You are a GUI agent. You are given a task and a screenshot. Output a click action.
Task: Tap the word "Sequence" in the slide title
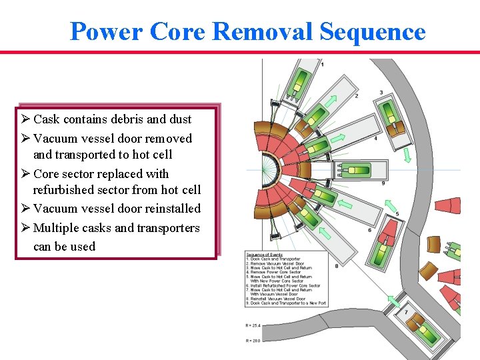pyautogui.click(x=372, y=31)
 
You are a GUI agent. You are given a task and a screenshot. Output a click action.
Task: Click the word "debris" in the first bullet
pyautogui.click(x=118, y=119)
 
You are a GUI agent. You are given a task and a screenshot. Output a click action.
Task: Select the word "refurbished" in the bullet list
pyautogui.click(x=66, y=190)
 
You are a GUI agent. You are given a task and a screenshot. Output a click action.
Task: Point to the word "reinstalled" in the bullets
pyautogui.click(x=169, y=209)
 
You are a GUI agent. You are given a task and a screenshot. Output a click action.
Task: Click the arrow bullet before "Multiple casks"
pyautogui.click(x=25, y=228)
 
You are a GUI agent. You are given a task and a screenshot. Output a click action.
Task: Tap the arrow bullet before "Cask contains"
pyautogui.click(x=25, y=119)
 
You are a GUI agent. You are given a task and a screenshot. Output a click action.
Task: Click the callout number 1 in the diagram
pyautogui.click(x=323, y=64)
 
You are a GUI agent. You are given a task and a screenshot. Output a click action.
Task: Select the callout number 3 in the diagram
pyautogui.click(x=381, y=92)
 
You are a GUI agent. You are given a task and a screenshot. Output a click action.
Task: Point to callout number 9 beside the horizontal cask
pyautogui.click(x=383, y=183)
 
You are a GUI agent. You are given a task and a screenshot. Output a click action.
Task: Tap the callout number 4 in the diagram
pyautogui.click(x=375, y=139)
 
